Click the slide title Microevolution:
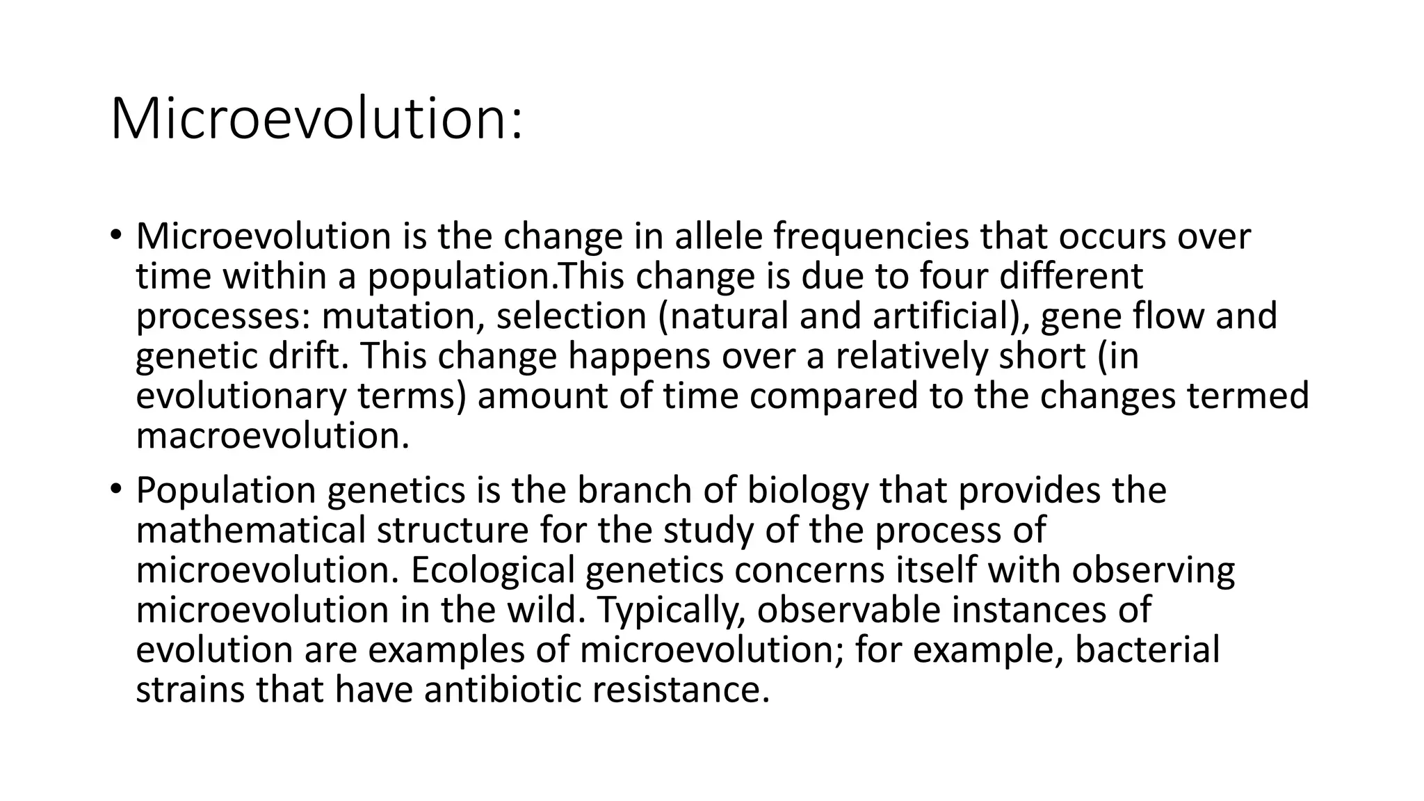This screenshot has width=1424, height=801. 316,119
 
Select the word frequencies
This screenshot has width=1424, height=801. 871,238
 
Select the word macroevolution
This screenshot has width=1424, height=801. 272,436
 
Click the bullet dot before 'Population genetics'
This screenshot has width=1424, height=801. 115,489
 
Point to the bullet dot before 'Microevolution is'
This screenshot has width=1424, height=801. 115,235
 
